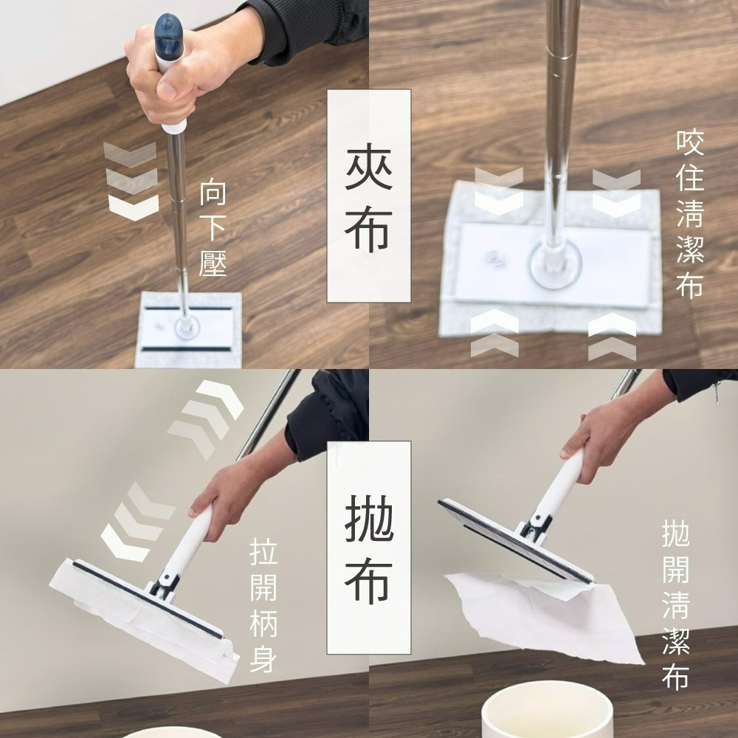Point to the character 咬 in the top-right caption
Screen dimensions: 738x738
pos(690,142)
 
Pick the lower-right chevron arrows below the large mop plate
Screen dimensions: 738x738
pos(612,337)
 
